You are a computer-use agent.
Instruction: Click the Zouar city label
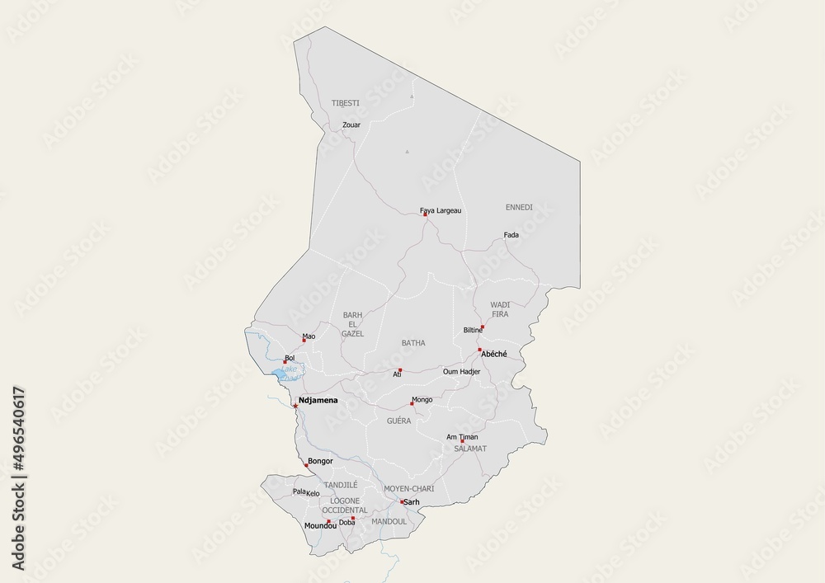[351, 125]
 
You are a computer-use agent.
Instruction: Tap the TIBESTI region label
[346, 103]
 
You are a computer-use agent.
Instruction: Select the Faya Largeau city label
[441, 211]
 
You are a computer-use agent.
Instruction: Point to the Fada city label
[511, 235]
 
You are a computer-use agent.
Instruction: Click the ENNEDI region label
[519, 206]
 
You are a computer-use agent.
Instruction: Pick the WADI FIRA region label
[501, 309]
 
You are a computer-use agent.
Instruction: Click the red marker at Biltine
[483, 327]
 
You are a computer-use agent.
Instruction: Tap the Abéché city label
[493, 354]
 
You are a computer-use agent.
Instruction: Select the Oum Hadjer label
[461, 372]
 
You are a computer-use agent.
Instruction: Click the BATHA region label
[413, 342]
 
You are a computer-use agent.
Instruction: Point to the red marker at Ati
[400, 370]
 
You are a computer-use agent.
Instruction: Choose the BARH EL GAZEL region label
[352, 324]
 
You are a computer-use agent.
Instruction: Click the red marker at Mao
[304, 340]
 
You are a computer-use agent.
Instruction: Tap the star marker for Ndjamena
[295, 405]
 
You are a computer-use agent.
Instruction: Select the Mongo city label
[422, 400]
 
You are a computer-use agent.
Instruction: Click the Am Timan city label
[461, 437]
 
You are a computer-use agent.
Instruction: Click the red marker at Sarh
[402, 502]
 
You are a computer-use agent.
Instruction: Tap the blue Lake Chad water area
[283, 375]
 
